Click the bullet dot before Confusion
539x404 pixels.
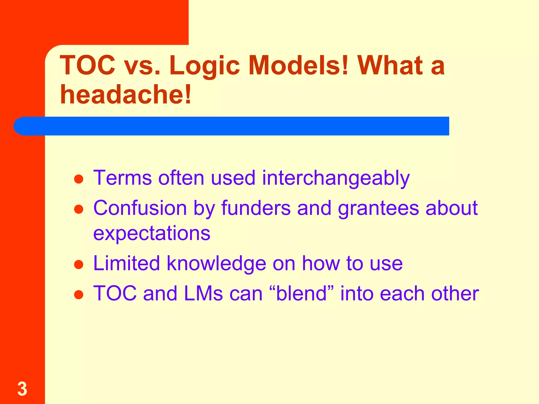pos(79,210)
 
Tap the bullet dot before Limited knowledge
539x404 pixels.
pos(79,265)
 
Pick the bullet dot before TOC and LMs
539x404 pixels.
pos(79,295)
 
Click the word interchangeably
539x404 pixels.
pos(336,178)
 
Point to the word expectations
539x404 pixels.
pos(152,234)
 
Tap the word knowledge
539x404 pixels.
pos(216,264)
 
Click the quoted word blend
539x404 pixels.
pos(302,293)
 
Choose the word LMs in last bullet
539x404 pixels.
pos(203,293)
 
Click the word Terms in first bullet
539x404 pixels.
pos(123,178)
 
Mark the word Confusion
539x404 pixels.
pos(140,208)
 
